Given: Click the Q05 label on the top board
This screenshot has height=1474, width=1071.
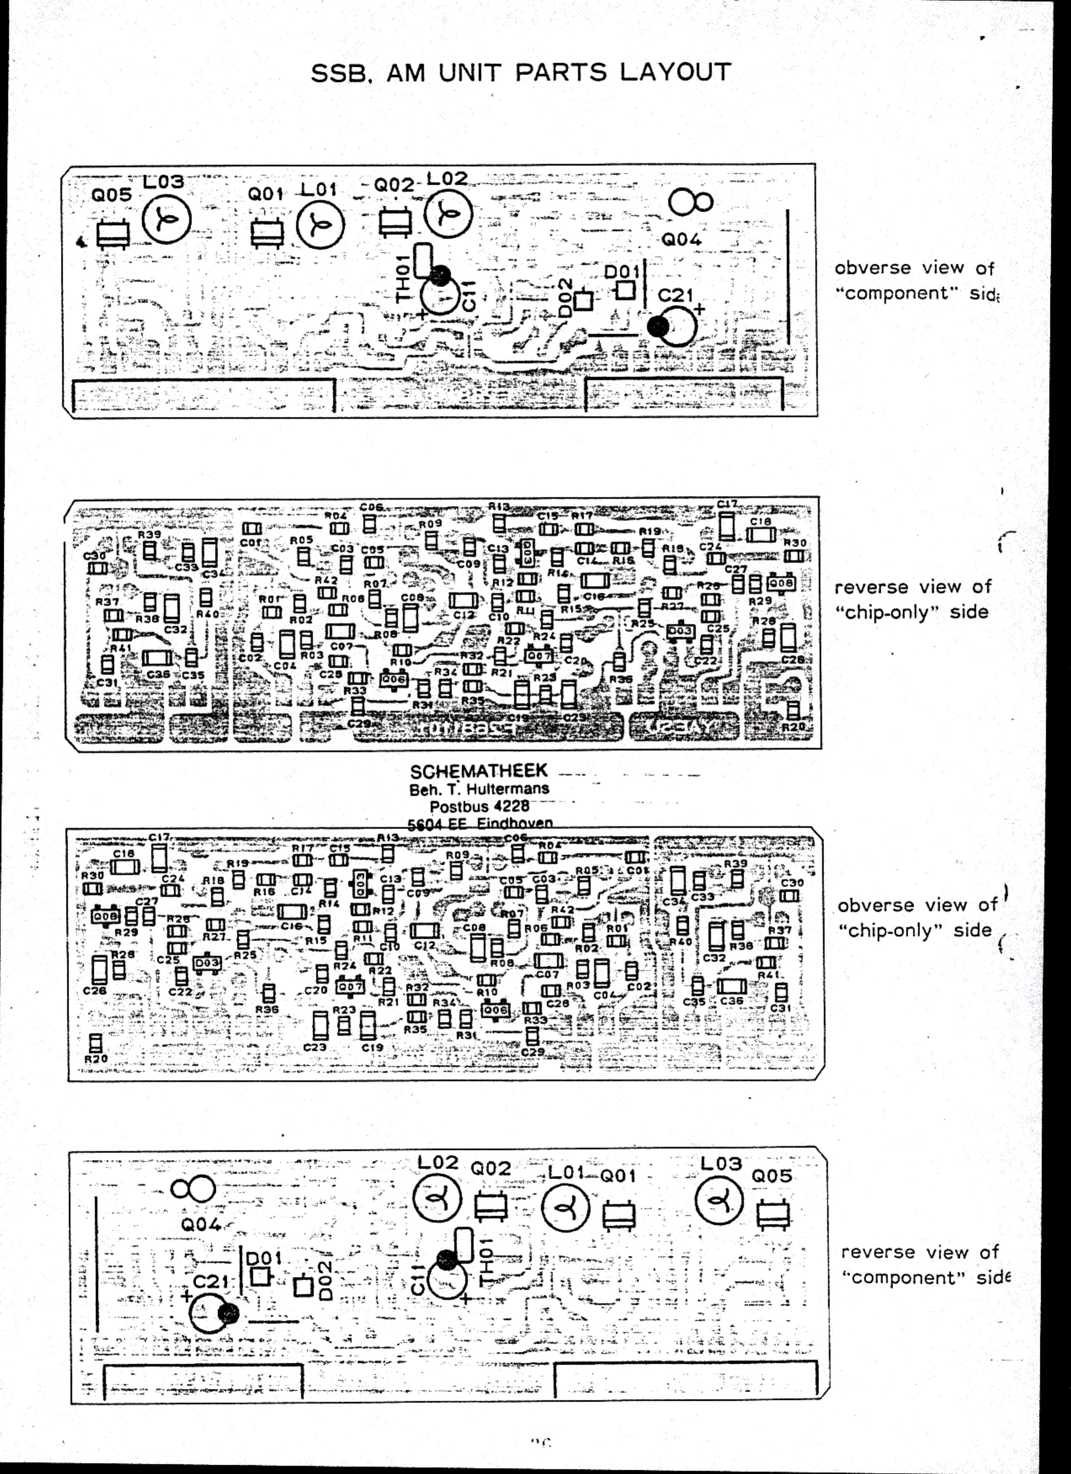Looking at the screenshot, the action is point(112,194).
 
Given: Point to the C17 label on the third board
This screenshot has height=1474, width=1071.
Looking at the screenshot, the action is point(159,838).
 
